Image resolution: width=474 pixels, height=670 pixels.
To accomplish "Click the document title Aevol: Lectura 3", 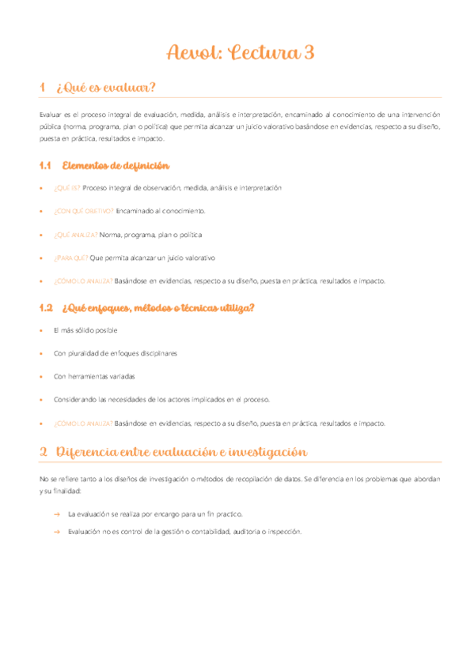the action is pyautogui.click(x=241, y=53).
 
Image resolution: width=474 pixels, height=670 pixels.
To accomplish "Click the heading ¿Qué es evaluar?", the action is pyautogui.click(x=107, y=88).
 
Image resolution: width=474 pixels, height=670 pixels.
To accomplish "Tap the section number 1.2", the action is pyautogui.click(x=45, y=307).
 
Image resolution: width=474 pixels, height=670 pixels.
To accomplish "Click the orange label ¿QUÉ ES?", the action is pyautogui.click(x=66, y=188).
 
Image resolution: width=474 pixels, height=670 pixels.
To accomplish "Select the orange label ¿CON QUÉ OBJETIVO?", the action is pyautogui.click(x=83, y=212).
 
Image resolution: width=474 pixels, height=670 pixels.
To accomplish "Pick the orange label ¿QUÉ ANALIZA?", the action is pyautogui.click(x=76, y=235).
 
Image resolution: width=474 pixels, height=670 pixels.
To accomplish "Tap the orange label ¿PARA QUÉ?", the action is pyautogui.click(x=70, y=258).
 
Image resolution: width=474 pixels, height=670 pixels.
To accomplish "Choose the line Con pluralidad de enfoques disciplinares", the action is pyautogui.click(x=115, y=353).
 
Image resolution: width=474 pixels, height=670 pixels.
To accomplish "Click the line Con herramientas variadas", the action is pyautogui.click(x=94, y=376).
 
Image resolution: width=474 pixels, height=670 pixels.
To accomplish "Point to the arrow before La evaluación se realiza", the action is pyautogui.click(x=57, y=514).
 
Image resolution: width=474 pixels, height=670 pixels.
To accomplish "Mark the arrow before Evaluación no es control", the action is pyautogui.click(x=57, y=532).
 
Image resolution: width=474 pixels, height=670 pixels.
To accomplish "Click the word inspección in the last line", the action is pyautogui.click(x=286, y=532).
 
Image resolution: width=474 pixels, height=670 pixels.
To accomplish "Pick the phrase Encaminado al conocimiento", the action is pyautogui.click(x=161, y=212).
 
